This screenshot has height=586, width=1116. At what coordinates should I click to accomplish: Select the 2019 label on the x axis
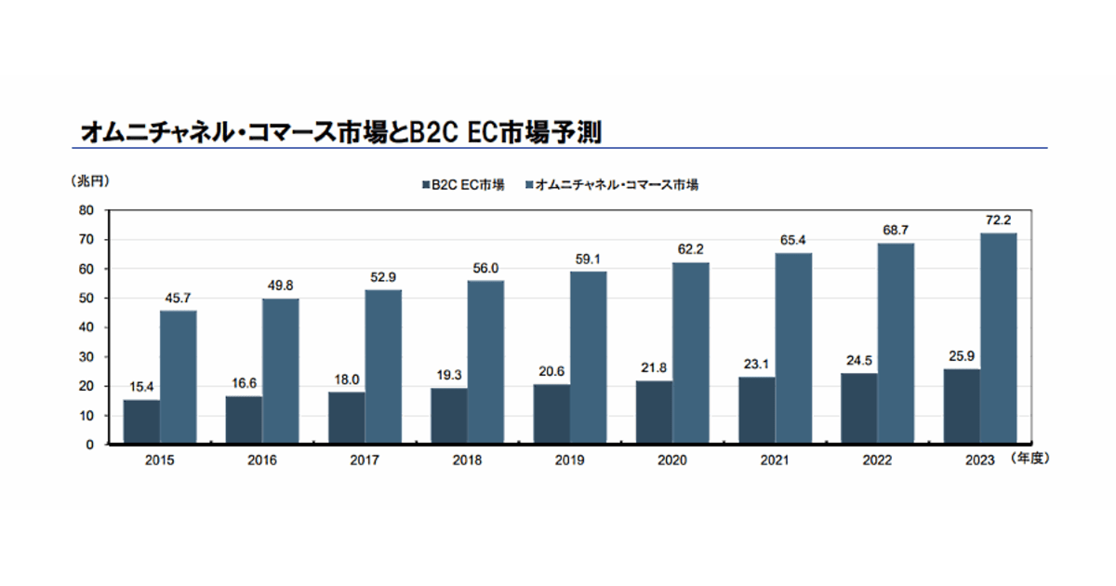click(569, 460)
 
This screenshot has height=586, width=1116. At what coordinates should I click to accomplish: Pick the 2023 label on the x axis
click(979, 460)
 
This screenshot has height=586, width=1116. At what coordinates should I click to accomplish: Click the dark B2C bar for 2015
click(141, 422)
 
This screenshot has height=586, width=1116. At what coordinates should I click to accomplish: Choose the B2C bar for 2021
click(756, 410)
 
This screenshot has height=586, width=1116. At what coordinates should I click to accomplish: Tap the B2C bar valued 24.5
click(858, 408)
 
